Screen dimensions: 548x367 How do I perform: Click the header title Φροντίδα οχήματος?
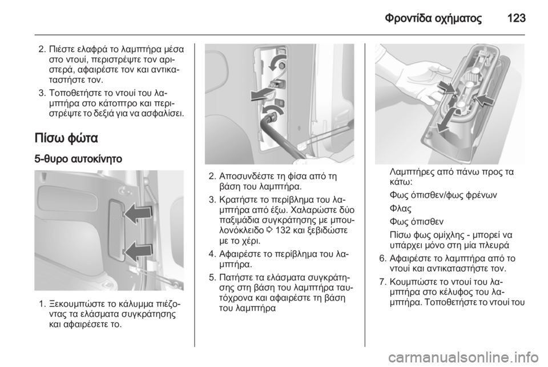pos(433,18)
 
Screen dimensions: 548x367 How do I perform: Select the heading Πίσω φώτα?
pos(66,138)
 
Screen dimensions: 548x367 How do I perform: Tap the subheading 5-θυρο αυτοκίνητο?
pos(78,159)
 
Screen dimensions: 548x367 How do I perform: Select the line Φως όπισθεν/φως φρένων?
pos(443,195)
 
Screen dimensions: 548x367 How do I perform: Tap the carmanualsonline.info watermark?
pos(463,357)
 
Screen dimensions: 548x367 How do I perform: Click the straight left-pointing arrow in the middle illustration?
pos(262,94)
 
